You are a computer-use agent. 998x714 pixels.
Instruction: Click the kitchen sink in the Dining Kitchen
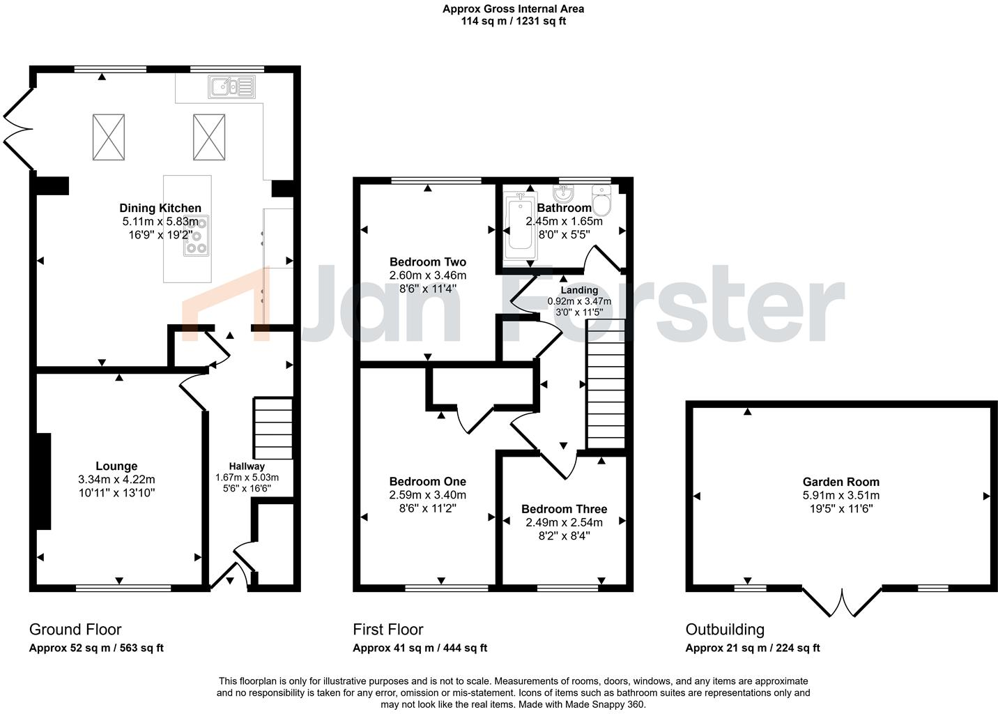point(231,86)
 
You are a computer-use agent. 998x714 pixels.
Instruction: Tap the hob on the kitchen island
point(197,236)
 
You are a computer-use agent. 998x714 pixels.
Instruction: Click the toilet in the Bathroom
point(601,200)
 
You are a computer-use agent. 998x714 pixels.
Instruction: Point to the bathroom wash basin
point(564,192)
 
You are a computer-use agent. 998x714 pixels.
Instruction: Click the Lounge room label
point(116,466)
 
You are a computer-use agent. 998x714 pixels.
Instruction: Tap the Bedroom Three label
point(564,509)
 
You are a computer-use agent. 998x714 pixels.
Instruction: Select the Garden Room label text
point(840,482)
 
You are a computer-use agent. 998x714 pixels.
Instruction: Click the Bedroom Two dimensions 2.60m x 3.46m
point(428,275)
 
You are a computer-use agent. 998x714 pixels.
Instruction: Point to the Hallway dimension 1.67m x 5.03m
point(247,478)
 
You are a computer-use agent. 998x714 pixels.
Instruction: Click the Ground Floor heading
point(75,630)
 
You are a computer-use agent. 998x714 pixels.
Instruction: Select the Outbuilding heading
point(725,630)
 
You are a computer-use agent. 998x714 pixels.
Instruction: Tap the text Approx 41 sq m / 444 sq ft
point(420,648)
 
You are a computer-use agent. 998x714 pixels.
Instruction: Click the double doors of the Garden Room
point(842,602)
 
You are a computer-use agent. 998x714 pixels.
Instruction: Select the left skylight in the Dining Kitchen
point(109,136)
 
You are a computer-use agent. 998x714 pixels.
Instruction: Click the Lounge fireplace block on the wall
point(43,481)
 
